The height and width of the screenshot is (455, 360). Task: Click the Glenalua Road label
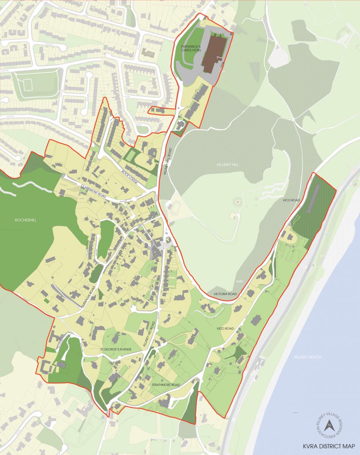(x=92, y=295)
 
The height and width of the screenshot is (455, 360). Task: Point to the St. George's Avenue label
(x=116, y=349)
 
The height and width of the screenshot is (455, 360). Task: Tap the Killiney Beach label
(x=310, y=357)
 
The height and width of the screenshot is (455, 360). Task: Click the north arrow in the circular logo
(x=328, y=425)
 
